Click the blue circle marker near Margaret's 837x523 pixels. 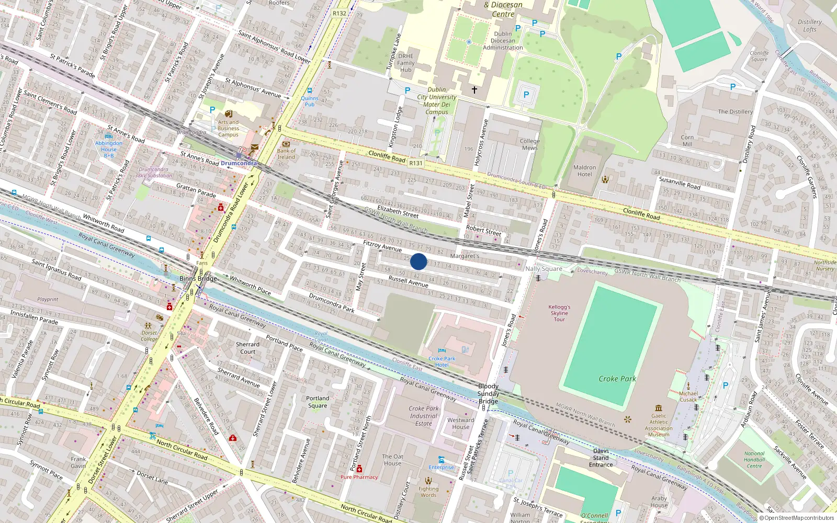[x=418, y=261]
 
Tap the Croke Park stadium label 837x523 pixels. [x=617, y=379]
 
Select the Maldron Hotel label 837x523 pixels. [x=584, y=171]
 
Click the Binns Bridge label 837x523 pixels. [x=198, y=279]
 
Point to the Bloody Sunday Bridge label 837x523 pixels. [x=488, y=394]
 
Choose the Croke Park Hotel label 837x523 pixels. [x=442, y=361]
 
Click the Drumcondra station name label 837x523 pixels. [x=239, y=163]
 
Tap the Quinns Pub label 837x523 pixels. [x=309, y=101]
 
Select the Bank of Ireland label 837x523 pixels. [x=286, y=154]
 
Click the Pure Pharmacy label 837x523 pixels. [x=359, y=477]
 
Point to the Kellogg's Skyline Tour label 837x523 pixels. [x=559, y=313]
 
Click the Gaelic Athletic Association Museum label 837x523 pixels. [x=659, y=425]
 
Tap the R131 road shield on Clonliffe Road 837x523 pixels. [x=415, y=163]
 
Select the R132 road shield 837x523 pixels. [x=339, y=14]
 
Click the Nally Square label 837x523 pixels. [x=544, y=269]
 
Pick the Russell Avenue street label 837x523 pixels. [x=408, y=281]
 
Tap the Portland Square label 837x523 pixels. [x=318, y=402]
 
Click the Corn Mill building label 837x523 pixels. [x=687, y=141]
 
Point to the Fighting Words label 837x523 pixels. [x=428, y=492]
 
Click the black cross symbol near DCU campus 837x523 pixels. [x=474, y=90]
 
